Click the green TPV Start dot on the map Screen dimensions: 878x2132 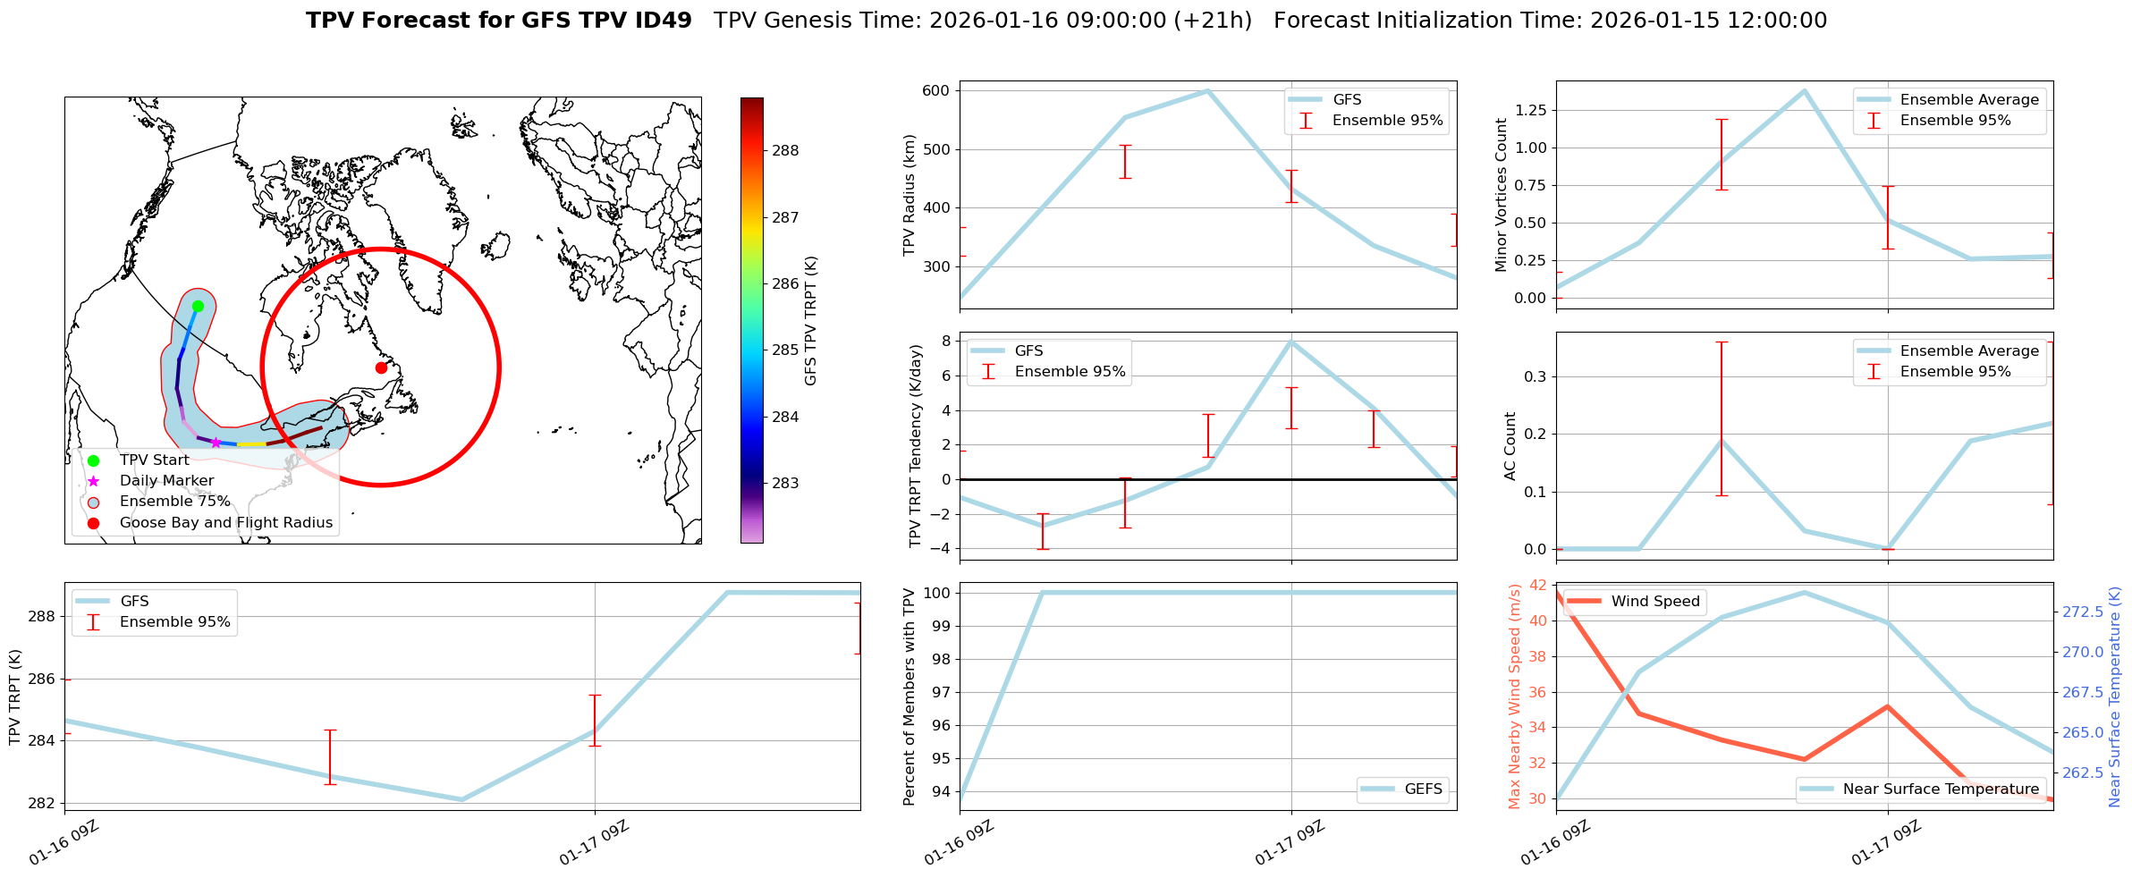[x=198, y=306]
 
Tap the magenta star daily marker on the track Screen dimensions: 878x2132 [x=216, y=443]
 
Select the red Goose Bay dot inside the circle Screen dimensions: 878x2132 [x=381, y=367]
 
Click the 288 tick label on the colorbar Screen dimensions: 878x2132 [x=785, y=150]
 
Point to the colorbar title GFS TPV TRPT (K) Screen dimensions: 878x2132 [x=811, y=320]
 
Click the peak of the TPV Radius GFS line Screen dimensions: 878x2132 [x=1207, y=90]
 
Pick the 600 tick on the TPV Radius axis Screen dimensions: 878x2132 [x=935, y=90]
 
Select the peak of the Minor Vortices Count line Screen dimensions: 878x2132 [x=1805, y=90]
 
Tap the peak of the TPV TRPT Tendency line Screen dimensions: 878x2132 [x=1291, y=342]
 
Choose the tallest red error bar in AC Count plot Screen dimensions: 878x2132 [x=1722, y=418]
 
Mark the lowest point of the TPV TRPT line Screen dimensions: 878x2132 [x=461, y=799]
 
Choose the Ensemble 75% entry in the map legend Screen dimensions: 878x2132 [x=174, y=502]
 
